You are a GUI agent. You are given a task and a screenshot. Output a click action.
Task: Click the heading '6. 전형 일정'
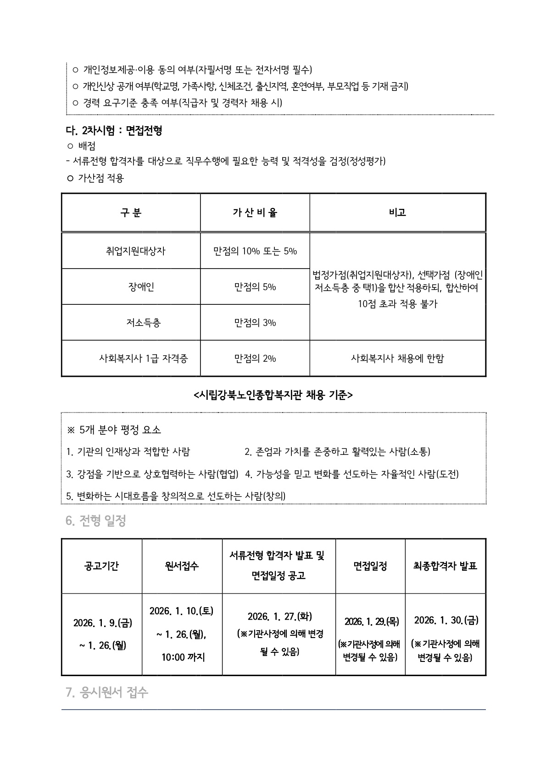[x=96, y=521]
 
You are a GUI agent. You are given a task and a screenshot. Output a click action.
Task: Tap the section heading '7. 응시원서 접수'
[x=107, y=692]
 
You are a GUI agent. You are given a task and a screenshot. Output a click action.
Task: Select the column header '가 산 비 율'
[x=255, y=213]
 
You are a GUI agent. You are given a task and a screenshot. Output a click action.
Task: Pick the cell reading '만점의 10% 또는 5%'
[x=255, y=251]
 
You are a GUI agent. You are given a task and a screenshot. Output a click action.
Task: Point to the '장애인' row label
[x=141, y=287]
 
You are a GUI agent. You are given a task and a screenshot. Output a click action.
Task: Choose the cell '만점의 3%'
[x=255, y=323]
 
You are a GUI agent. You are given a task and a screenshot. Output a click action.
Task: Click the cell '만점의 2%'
[x=255, y=358]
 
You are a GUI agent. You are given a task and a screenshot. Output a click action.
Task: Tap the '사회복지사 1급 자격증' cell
[x=144, y=358]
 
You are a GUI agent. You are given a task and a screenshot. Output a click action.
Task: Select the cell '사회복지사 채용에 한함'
[x=397, y=358]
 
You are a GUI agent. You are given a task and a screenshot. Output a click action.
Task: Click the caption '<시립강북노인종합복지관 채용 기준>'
[x=273, y=395]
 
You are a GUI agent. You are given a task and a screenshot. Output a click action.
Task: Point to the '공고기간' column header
[x=101, y=566]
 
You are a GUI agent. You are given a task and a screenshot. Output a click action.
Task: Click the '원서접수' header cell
[x=182, y=566]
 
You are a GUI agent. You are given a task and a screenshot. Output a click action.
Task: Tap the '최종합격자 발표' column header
[x=445, y=566]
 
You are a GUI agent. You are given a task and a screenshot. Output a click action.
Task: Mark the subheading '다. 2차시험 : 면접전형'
[x=114, y=131]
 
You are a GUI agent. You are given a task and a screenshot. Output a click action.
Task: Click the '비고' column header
[x=397, y=213]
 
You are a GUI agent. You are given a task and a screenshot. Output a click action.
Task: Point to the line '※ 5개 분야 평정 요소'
[x=114, y=430]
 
